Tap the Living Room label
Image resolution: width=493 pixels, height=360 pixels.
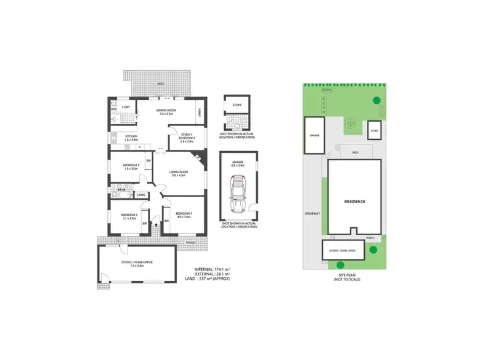point(179,173)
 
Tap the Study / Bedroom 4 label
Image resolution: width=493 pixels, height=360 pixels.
point(186,139)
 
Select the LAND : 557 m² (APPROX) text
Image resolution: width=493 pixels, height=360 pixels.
point(212,279)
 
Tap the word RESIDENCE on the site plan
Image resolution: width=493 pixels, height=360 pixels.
point(354,202)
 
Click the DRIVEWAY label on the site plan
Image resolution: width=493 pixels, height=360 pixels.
point(312,213)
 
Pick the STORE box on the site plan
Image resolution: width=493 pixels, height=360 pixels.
point(374,131)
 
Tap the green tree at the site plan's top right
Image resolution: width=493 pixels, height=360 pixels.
point(376,101)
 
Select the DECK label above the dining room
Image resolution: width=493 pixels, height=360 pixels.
point(160,84)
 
